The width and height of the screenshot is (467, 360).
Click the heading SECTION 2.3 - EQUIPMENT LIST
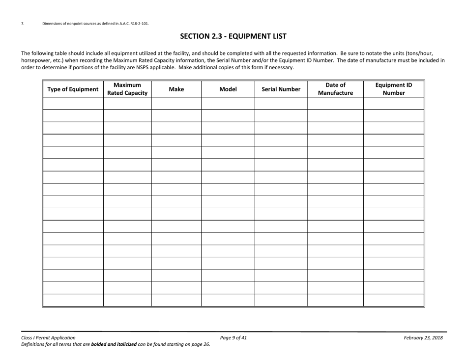pos(233,36)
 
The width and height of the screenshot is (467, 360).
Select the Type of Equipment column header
pos(73,89)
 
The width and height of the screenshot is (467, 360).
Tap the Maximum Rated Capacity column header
pos(127,88)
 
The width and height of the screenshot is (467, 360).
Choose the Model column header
pos(228,89)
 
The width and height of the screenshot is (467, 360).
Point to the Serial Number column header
pos(281,89)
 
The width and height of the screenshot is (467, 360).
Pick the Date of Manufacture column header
pos(335,88)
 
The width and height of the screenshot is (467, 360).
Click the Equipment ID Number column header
pos(393,88)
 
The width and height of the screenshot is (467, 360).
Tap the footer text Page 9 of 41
pos(233,337)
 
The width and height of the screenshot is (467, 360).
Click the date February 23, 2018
pos(423,337)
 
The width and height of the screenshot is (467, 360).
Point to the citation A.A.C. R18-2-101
pos(133,23)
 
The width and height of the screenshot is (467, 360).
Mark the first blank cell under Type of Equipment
pos(73,103)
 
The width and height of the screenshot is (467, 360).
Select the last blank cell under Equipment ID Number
pos(393,300)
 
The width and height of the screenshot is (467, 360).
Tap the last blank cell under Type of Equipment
pos(73,300)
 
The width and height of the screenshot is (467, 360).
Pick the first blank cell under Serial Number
pos(281,103)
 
